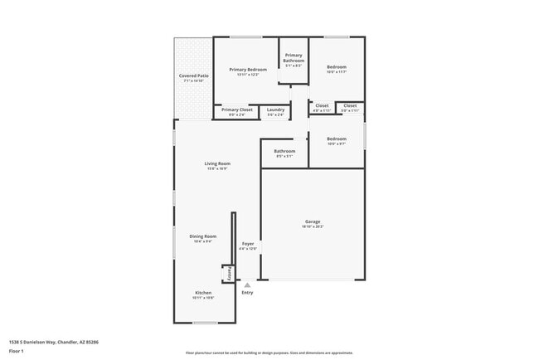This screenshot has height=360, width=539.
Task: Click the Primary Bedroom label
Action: pos(248,69)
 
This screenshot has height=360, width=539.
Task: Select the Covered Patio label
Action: pos(194,75)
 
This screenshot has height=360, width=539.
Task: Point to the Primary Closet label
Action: pos(237,109)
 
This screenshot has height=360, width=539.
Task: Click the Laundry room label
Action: pos(274,109)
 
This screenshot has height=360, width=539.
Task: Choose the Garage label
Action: pos(313,221)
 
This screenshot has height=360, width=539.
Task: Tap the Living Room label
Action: pos(217,163)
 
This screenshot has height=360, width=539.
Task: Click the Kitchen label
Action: pos(203,293)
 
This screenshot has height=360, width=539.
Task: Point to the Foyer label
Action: pos(248,243)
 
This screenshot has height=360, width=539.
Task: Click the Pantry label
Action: pos(226,273)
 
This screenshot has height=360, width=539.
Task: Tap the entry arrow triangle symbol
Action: pos(246,285)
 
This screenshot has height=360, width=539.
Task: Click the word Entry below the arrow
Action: pos(247,293)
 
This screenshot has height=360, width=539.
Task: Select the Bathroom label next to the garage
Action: pos(284,151)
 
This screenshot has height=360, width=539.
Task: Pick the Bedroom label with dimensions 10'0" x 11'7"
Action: pos(336,66)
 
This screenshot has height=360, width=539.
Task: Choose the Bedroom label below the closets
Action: pos(336,139)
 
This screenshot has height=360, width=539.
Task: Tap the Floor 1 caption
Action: pos(16,351)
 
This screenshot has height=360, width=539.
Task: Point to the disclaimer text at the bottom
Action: pos(269,353)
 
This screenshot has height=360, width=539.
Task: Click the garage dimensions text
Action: pos(313,226)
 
